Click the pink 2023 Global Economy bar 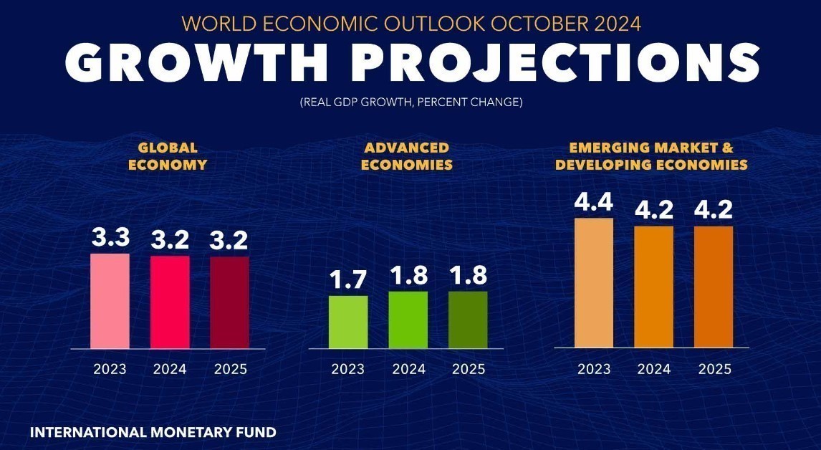point(110,301)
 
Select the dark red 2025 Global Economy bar point(229,302)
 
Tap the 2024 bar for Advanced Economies point(408,320)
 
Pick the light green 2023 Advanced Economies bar point(348,322)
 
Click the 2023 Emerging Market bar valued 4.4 point(594,283)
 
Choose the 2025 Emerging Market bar point(714,287)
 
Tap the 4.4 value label point(594,203)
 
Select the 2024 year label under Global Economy point(170,369)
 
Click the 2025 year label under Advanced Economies point(469,369)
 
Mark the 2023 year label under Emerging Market point(594,369)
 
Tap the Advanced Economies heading point(407,156)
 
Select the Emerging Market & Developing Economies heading point(651,156)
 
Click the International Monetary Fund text point(153,433)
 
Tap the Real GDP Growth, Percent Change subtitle point(410,102)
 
